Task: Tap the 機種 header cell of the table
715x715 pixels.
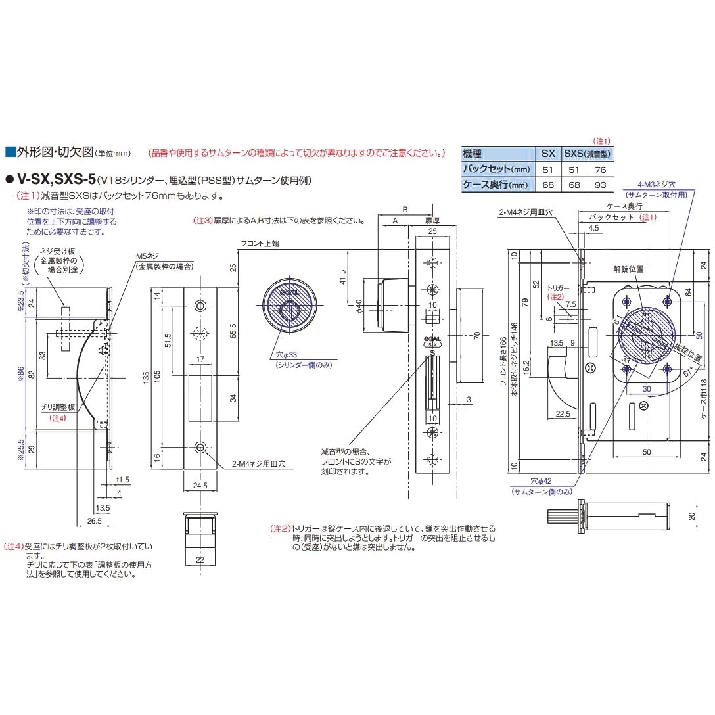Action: (x=473, y=154)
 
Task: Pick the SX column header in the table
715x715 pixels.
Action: (x=548, y=154)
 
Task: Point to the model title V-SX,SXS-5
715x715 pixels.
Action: (x=56, y=179)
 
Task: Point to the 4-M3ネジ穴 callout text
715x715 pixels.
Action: (x=661, y=186)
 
